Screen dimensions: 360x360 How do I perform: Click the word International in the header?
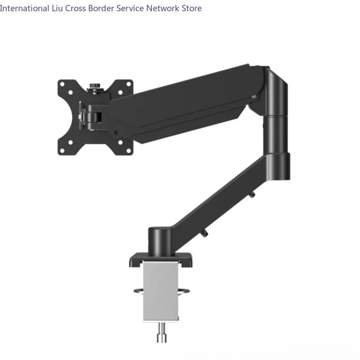24,8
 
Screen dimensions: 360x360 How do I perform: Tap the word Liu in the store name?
57,8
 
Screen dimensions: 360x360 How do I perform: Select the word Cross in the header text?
76,8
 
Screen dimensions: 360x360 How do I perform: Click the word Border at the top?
101,8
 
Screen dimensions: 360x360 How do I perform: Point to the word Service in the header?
130,8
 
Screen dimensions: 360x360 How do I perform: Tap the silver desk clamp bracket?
161,291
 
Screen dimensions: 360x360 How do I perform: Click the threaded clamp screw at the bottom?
162,333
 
